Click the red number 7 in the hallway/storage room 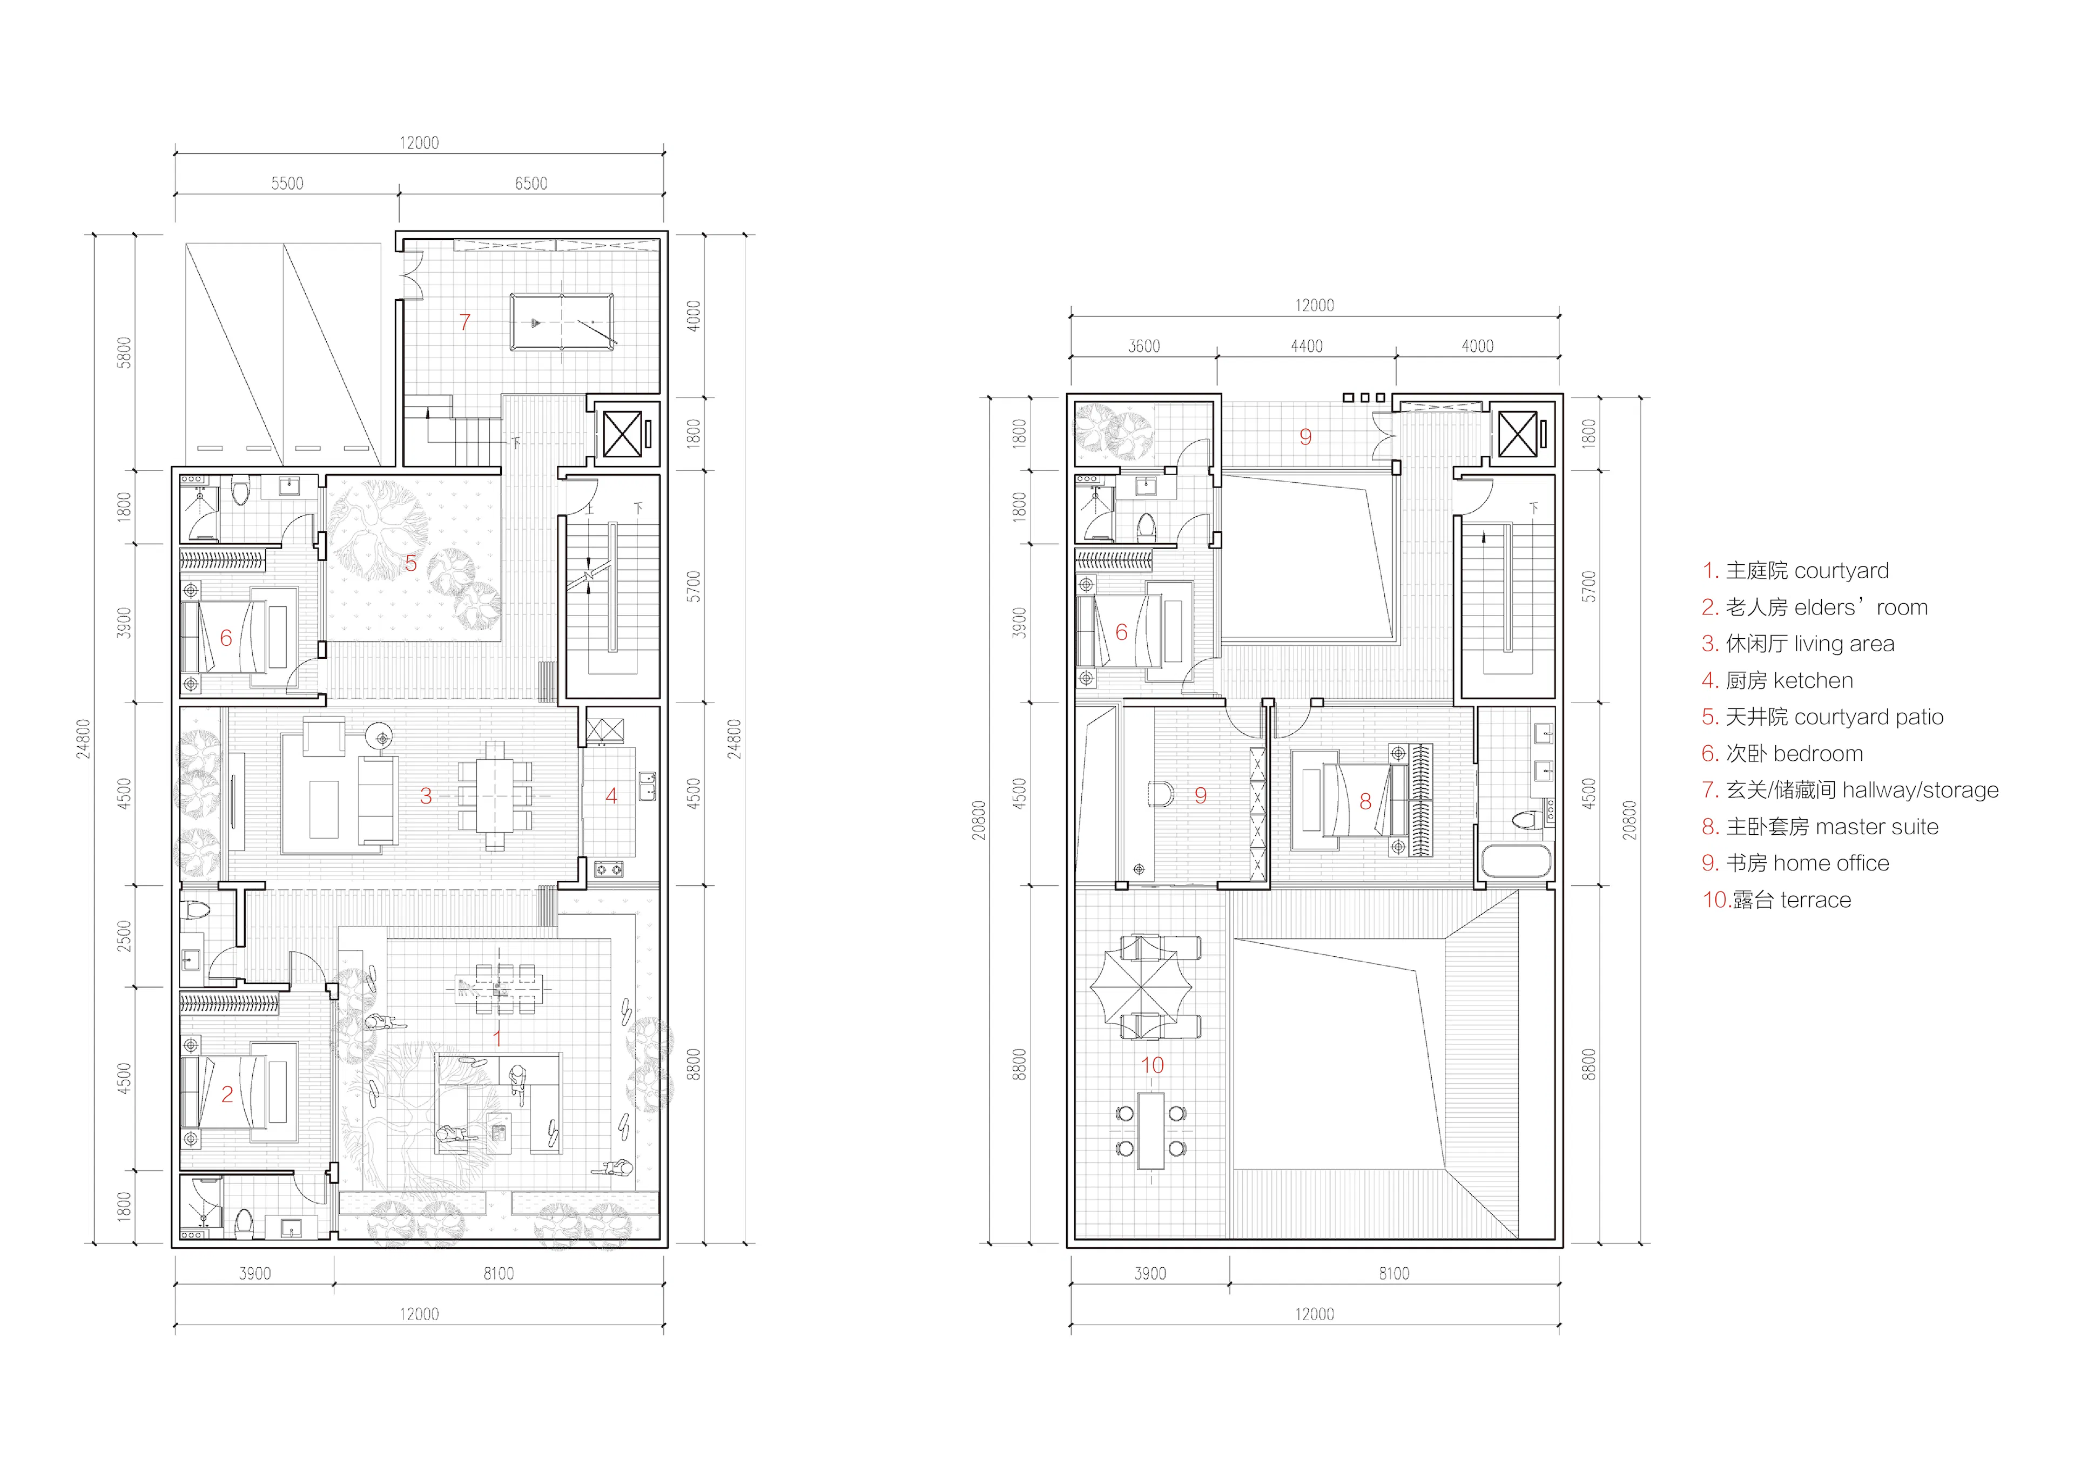click(464, 322)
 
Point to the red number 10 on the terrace click(1152, 1065)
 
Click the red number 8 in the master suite click(1365, 801)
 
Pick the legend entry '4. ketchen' click(1777, 680)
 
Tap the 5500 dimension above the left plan click(287, 184)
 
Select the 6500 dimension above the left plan click(531, 184)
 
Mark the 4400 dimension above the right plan click(1306, 346)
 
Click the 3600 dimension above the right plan click(1143, 346)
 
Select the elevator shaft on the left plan click(622, 434)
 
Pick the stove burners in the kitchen click(609, 870)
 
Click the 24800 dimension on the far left click(83, 738)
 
